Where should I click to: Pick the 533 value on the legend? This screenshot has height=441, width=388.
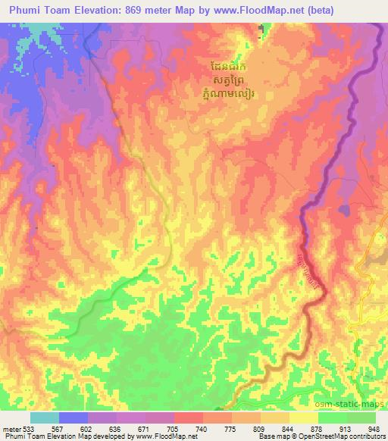point(31,428)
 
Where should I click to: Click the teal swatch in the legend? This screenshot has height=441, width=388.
point(45,418)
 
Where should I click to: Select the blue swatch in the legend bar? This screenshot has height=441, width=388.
point(74,418)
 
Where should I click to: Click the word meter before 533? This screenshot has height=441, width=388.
point(12,428)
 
